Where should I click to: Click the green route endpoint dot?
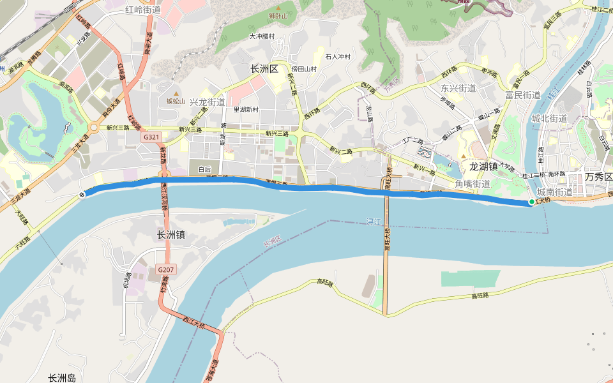(531, 202)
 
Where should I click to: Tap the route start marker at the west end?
(82, 195)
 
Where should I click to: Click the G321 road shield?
(151, 137)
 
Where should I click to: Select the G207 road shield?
(165, 270)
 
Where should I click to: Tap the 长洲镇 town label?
(170, 235)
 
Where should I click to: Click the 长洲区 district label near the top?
(264, 69)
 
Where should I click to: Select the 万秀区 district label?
(598, 177)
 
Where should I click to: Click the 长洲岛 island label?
(62, 378)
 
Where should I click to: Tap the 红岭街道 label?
(143, 10)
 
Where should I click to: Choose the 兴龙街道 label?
(207, 102)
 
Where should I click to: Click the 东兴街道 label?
(458, 88)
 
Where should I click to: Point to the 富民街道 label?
(523, 95)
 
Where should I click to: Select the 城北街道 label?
(549, 119)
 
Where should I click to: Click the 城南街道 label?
(555, 192)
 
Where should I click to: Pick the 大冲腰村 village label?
(262, 36)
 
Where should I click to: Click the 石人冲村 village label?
(338, 57)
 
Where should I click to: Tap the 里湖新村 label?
(246, 109)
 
